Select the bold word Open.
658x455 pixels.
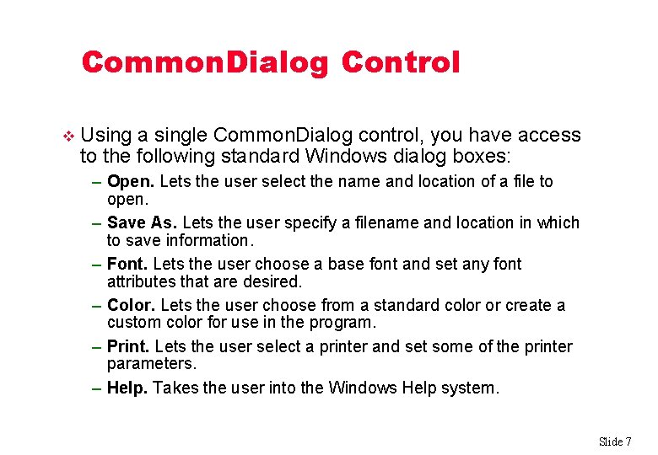131,181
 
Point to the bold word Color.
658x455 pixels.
131,305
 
